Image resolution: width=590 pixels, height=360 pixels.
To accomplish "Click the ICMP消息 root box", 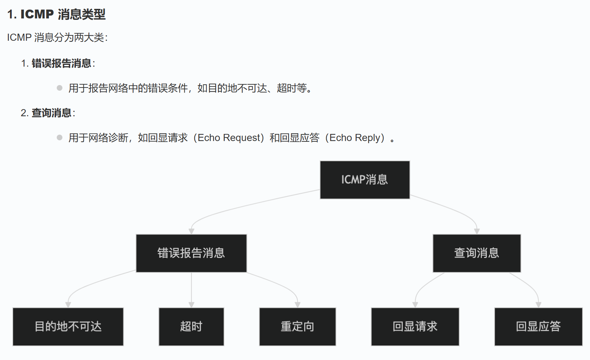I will coord(364,180).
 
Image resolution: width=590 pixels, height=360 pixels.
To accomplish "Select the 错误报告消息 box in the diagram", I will coord(191,253).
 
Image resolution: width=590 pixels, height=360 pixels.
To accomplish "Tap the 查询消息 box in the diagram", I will coord(477,253).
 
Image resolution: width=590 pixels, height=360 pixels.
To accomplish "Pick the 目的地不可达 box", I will coord(68,326).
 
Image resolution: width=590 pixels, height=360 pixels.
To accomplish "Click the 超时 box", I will coord(191,326).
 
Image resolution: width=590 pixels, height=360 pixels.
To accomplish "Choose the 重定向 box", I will coord(297,326).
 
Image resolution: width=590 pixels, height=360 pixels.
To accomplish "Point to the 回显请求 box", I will coord(415,326).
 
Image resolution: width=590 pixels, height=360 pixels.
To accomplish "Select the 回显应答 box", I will coord(538,326).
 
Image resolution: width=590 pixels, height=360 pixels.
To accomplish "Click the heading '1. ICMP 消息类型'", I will coord(56,14).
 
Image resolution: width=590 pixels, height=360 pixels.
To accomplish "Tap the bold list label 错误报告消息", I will coord(61,63).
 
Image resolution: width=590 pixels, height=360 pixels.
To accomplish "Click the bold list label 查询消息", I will coord(51,113).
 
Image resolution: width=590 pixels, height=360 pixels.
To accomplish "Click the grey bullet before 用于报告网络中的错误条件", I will coord(60,88).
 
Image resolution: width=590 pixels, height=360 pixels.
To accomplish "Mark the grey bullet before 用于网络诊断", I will coord(60,137).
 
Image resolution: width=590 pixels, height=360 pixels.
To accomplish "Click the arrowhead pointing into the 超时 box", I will coord(191,305).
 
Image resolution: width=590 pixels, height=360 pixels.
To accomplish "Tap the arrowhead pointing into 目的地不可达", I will coord(68,305).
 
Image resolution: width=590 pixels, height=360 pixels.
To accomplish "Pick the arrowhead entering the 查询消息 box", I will coord(477,231).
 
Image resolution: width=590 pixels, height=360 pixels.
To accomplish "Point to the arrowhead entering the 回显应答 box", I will coord(538,305).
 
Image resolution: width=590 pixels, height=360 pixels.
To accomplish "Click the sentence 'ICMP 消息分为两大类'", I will coord(57,38).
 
